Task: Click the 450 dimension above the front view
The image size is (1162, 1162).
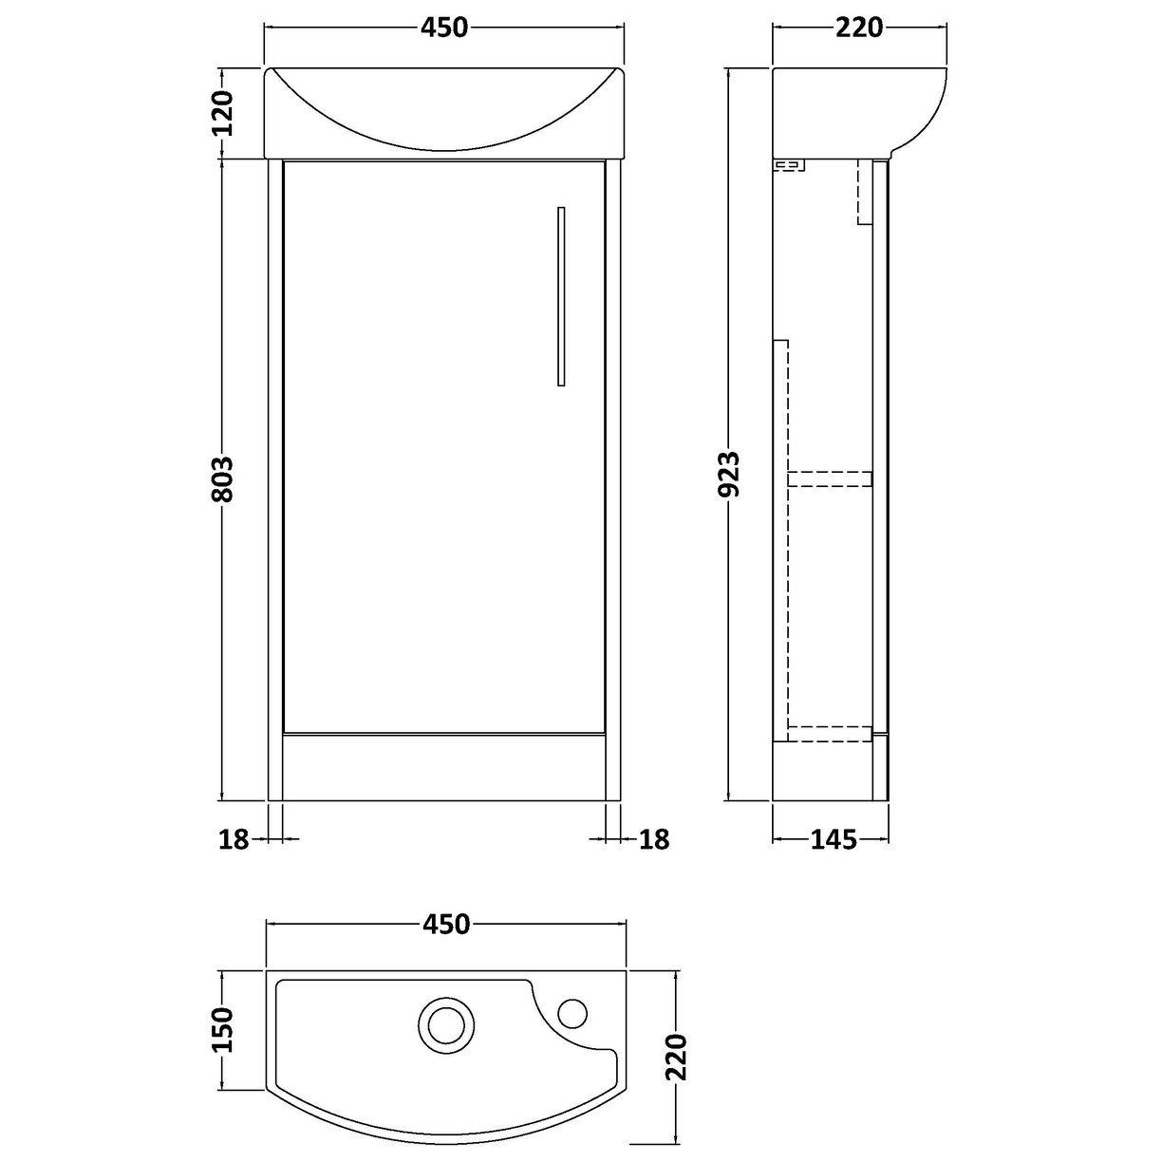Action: tap(445, 28)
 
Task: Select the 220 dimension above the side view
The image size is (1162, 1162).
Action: tap(859, 28)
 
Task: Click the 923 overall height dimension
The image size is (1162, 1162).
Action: tap(728, 475)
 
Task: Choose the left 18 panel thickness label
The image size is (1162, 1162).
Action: tap(233, 838)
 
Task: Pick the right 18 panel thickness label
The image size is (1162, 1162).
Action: tap(655, 838)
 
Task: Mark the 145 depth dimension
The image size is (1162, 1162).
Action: tap(834, 838)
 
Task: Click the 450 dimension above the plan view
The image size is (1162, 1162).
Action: tap(445, 923)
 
